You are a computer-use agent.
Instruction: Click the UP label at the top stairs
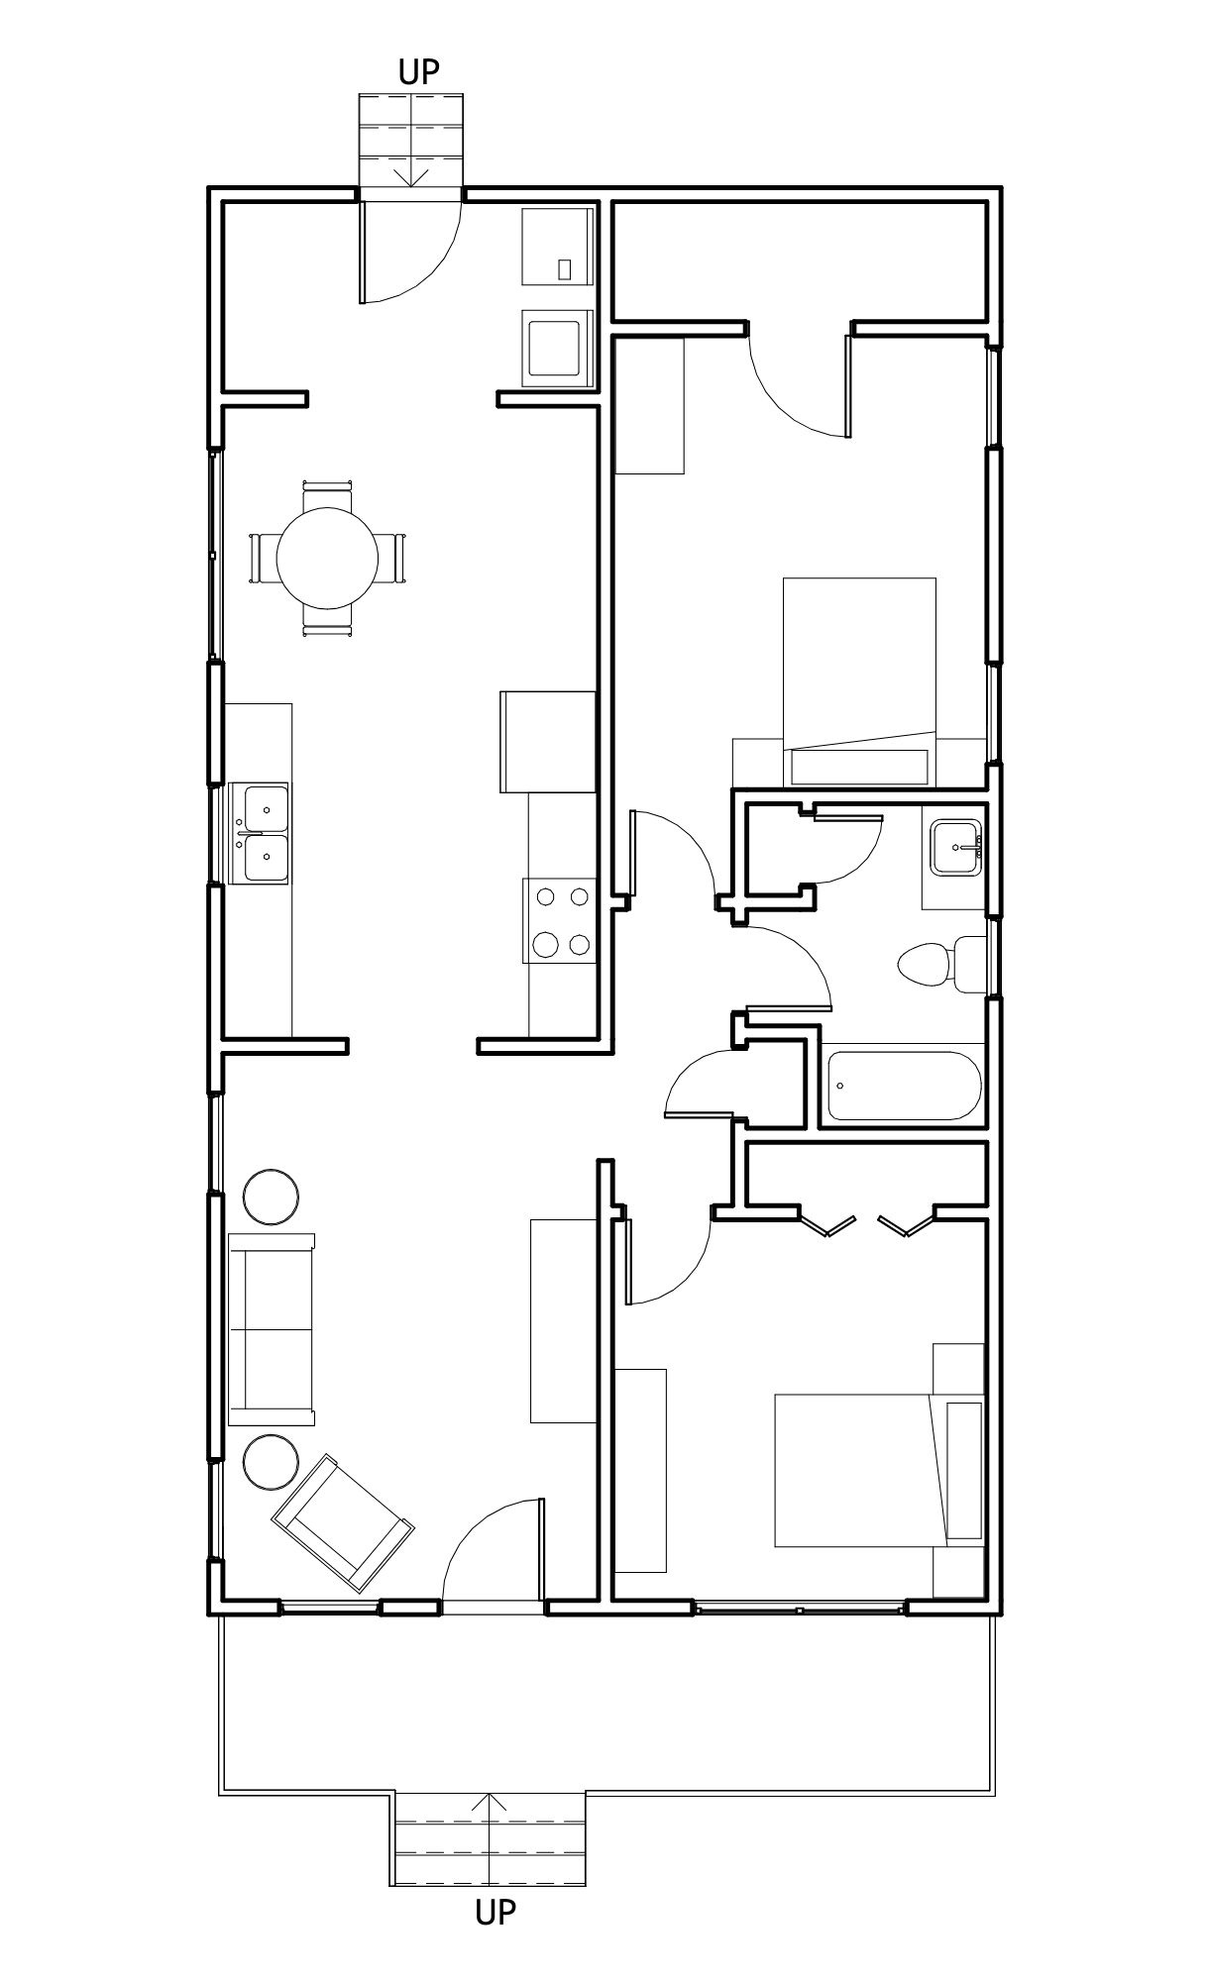pos(418,71)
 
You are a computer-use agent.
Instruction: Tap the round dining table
pos(327,558)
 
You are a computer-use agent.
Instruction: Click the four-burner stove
pos(561,921)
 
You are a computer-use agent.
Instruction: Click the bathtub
pos(904,1087)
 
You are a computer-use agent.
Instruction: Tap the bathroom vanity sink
pos(955,848)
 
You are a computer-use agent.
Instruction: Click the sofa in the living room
pos(272,1329)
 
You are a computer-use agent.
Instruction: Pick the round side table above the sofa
pos(271,1197)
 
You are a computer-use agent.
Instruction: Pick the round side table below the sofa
pos(271,1461)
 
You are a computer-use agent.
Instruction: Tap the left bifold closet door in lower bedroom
pos(826,1222)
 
